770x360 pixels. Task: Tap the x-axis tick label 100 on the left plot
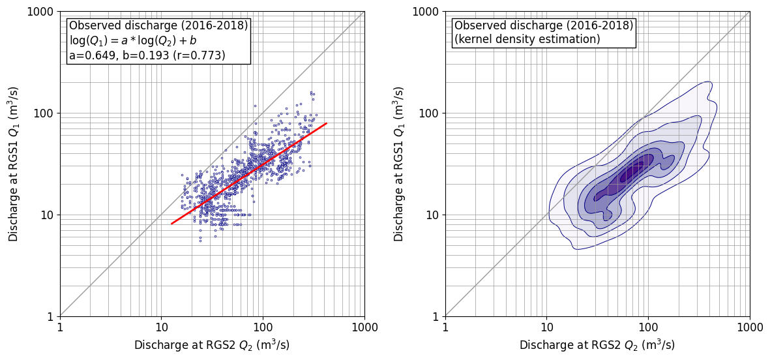click(263, 327)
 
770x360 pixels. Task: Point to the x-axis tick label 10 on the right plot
click(546, 327)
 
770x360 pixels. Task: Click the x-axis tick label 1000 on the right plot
click(749, 327)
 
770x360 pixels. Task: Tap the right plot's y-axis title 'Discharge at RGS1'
click(399, 164)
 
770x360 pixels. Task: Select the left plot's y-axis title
click(14, 164)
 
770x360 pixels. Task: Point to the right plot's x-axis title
click(597, 345)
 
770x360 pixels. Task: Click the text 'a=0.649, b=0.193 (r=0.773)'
click(147, 55)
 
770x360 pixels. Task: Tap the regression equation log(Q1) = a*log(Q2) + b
click(133, 40)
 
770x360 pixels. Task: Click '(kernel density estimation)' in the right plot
click(527, 40)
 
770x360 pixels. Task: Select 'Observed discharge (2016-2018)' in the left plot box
click(158, 26)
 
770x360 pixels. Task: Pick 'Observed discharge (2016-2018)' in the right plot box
click(544, 26)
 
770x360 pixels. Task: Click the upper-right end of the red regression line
click(326, 123)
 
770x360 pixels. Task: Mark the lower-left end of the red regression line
click(171, 224)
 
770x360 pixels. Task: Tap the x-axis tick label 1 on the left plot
click(60, 327)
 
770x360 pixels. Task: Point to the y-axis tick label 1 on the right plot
click(436, 317)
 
